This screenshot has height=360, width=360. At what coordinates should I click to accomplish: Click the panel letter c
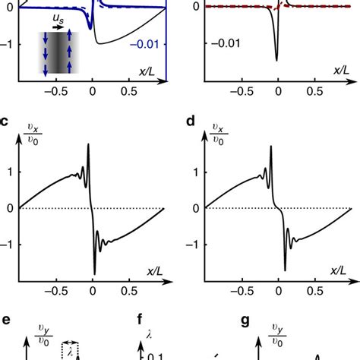click(x=5, y=121)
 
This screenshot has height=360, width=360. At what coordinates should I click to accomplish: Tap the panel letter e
click(x=5, y=311)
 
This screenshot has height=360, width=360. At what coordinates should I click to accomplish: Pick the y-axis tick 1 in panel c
click(x=9, y=172)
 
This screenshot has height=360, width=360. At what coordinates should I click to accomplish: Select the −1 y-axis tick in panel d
click(x=194, y=245)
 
